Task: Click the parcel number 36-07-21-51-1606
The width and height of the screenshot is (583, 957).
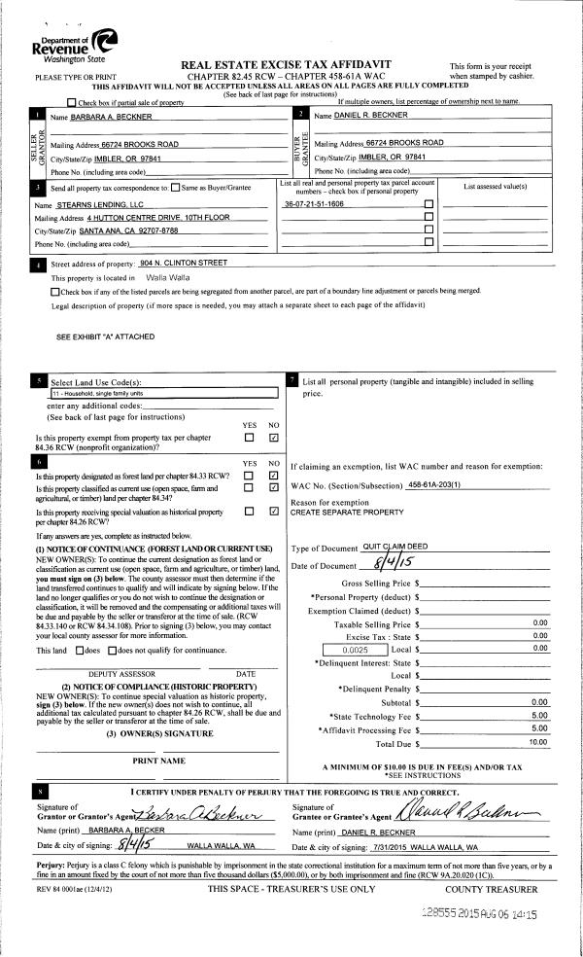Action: click(314, 205)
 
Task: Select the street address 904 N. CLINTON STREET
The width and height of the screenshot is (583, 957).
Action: click(183, 263)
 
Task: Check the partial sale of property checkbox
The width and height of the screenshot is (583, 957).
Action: click(71, 102)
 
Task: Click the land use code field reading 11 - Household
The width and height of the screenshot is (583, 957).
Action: click(163, 393)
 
